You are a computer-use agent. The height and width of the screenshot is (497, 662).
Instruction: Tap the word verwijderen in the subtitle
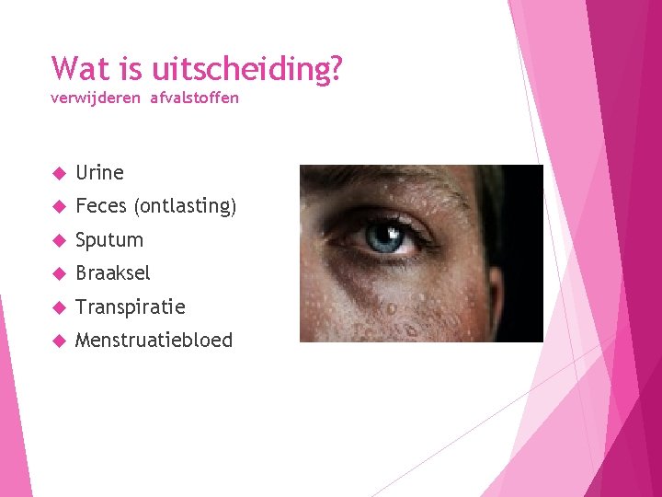coord(97,98)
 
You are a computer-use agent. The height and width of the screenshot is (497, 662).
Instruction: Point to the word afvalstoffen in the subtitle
coord(194,98)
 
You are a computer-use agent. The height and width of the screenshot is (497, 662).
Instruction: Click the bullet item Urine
coord(99,172)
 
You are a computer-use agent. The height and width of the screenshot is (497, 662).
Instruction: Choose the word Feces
coord(102,206)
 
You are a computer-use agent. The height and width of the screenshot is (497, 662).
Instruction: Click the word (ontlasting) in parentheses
coord(186,206)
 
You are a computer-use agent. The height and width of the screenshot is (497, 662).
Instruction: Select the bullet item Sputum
coord(109,240)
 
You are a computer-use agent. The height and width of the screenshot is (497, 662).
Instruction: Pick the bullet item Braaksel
coord(112,273)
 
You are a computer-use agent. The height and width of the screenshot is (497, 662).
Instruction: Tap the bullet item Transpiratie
coord(130,306)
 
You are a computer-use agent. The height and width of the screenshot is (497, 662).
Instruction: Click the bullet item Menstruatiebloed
coord(154,341)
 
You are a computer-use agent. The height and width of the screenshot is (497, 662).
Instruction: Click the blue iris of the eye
coord(383,237)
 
